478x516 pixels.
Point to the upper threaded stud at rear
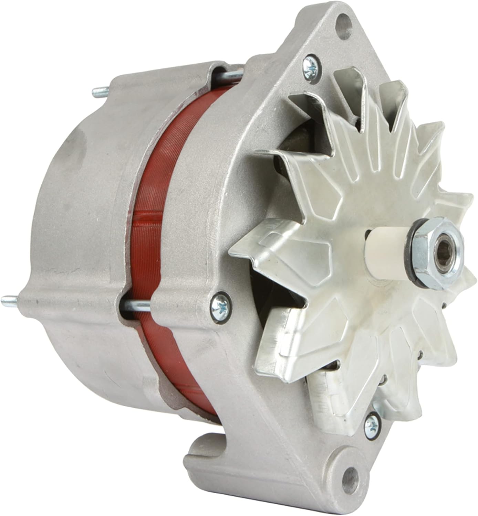[x=100, y=91]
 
